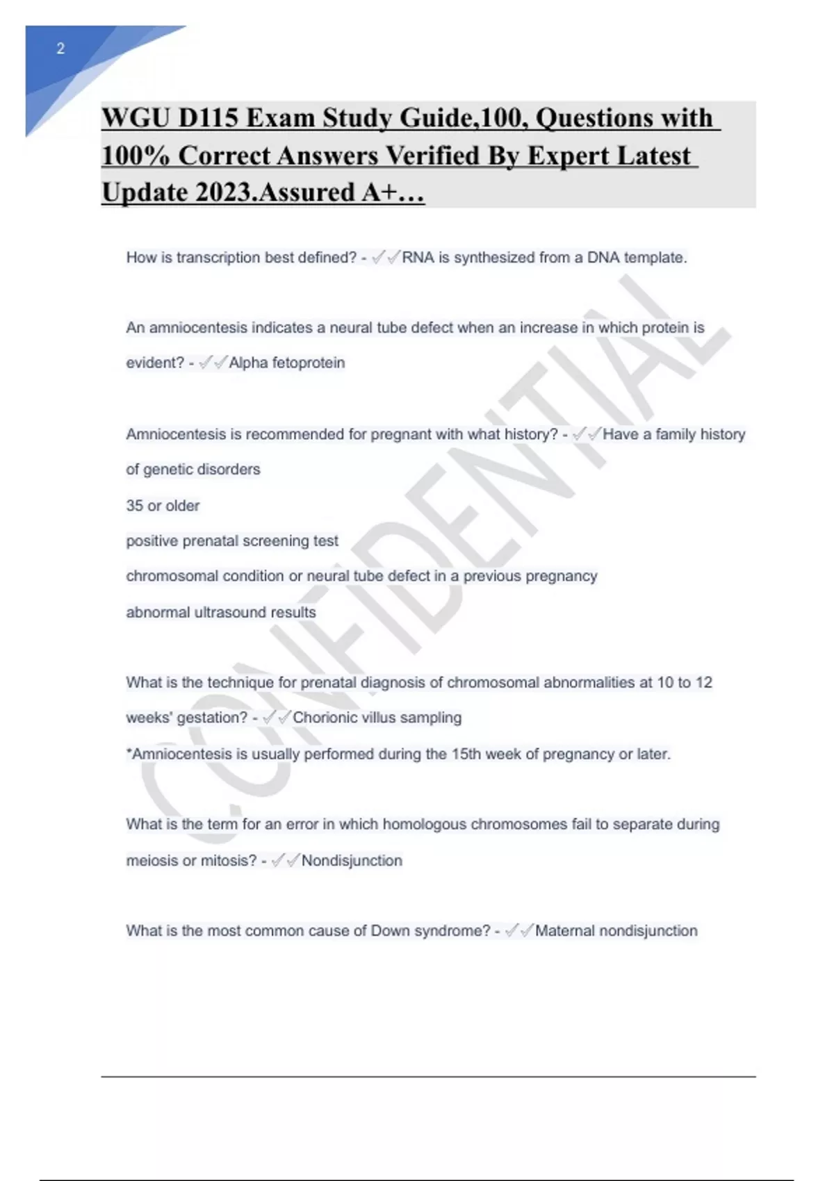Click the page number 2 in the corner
pyautogui.click(x=60, y=49)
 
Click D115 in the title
pyautogui.click(x=208, y=118)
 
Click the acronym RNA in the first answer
pyautogui.click(x=418, y=258)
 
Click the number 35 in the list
pyautogui.click(x=134, y=506)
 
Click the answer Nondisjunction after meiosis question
pyautogui.click(x=352, y=861)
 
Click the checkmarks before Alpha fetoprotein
pyautogui.click(x=213, y=363)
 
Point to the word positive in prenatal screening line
pyautogui.click(x=152, y=541)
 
